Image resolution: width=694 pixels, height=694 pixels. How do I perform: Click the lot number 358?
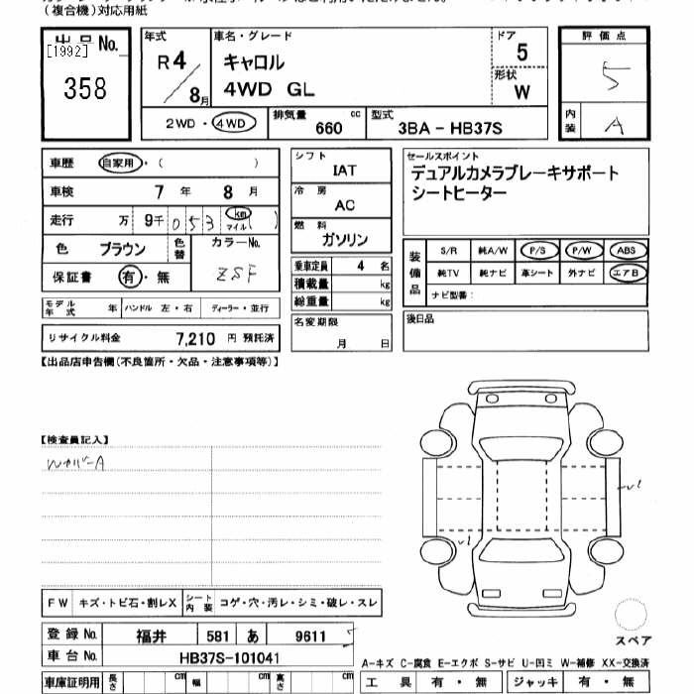85,89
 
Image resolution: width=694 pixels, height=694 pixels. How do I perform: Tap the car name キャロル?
252,62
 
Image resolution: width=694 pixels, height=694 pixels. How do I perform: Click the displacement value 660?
328,128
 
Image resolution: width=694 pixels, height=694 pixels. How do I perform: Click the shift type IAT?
345,171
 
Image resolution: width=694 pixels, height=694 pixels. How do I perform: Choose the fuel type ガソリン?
345,240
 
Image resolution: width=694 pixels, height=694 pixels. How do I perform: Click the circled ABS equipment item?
629,251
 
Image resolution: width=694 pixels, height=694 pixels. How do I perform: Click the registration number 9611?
309,634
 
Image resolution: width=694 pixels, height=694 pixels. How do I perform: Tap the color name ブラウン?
122,249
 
